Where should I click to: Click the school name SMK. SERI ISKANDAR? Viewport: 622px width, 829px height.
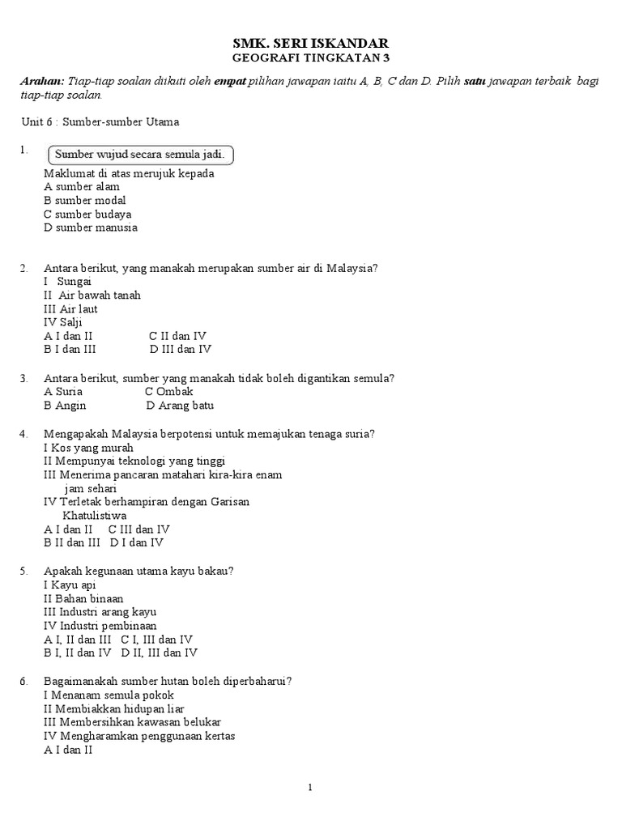311,43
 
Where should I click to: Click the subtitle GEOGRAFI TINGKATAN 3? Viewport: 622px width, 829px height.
311,58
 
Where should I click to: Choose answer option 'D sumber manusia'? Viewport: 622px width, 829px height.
91,227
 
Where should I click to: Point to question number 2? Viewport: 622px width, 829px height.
24,268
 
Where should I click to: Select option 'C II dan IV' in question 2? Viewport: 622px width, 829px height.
177,336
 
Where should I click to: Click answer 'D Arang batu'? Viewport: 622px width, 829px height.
180,406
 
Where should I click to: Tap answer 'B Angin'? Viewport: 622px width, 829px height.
65,406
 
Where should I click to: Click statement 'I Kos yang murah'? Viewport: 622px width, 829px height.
89,448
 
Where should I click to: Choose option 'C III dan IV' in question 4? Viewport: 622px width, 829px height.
138,529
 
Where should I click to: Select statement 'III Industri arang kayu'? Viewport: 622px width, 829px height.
100,612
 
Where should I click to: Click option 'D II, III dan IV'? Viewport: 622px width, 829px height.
159,653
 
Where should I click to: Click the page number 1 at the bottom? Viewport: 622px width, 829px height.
310,789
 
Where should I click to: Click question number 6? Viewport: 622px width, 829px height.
24,681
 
